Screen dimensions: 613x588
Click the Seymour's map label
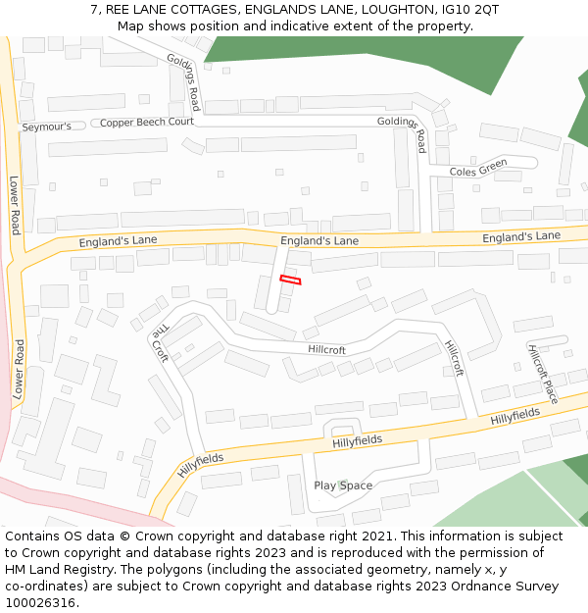pyautogui.click(x=47, y=127)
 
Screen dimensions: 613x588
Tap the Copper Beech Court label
pyautogui.click(x=146, y=123)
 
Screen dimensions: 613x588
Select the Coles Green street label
pyautogui.click(x=478, y=169)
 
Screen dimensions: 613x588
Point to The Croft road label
pyautogui.click(x=159, y=343)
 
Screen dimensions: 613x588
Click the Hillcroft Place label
pyautogui.click(x=543, y=374)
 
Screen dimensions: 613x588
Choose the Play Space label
pyautogui.click(x=343, y=485)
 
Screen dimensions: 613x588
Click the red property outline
pyautogui.click(x=290, y=281)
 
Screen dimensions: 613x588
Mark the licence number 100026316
pyautogui.click(x=39, y=603)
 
